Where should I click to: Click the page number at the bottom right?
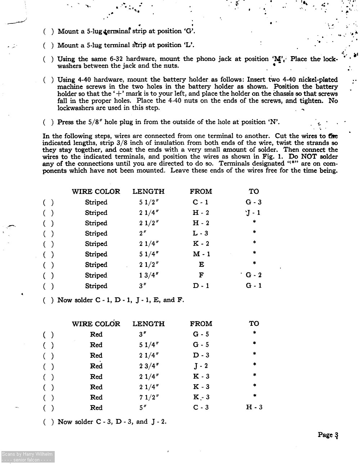point(328,435)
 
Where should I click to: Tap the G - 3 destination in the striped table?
point(253,202)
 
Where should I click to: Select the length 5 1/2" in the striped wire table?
point(149,202)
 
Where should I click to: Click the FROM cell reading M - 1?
point(201,254)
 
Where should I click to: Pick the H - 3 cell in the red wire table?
point(254,407)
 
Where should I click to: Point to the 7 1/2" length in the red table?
point(149,397)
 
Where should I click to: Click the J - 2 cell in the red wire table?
point(201,366)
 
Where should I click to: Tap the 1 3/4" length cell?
point(149,275)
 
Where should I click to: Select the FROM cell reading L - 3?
point(201,233)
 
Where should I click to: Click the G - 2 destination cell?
point(253,275)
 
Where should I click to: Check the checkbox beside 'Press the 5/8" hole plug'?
point(49,122)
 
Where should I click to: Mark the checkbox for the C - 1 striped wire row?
point(49,203)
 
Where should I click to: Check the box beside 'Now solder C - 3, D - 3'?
point(49,422)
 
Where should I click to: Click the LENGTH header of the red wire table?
point(148,324)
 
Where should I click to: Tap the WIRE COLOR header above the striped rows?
point(96,192)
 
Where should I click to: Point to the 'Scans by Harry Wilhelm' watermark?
point(27,454)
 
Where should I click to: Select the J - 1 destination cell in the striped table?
point(253,213)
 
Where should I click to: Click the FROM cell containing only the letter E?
point(201,265)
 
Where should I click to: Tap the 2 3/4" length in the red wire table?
point(149,366)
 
